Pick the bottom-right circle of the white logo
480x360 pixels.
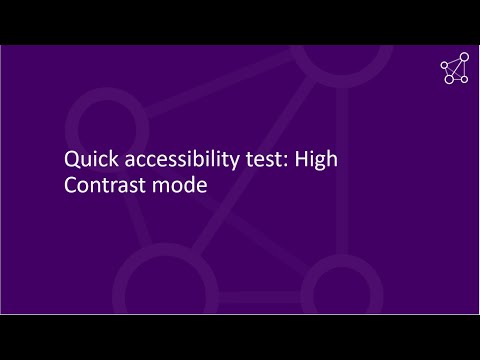(463, 80)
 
